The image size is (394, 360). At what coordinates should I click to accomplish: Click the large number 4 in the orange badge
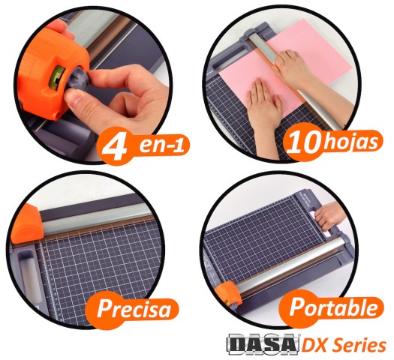tap(115, 147)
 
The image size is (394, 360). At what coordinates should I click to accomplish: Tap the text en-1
tap(162, 145)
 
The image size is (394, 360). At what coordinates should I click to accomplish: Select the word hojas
tap(350, 142)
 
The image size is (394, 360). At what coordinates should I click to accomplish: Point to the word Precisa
tap(134, 308)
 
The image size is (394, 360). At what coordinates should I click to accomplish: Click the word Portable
tap(333, 307)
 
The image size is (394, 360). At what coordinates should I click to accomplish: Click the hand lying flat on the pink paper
tap(265, 106)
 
